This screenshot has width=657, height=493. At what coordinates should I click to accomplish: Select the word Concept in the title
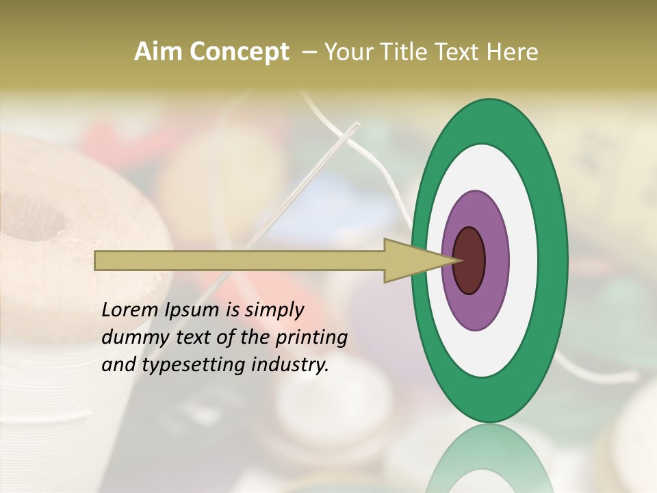pos(239,52)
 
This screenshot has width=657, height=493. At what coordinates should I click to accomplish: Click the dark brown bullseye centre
pos(469,260)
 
